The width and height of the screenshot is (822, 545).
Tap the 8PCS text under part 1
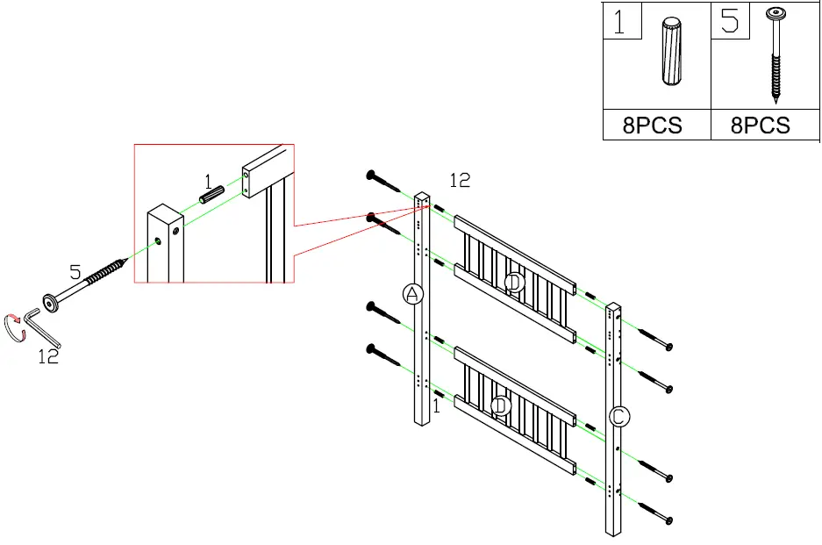pos(652,125)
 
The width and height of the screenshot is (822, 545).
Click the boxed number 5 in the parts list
pos(730,21)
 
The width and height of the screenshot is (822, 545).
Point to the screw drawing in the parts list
pos(776,52)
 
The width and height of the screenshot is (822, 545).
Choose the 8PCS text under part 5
pos(761,125)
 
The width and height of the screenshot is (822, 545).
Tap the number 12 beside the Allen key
pos(48,356)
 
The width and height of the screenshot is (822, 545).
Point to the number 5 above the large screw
pos(75,274)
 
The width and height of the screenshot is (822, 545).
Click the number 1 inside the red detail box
pos(208,182)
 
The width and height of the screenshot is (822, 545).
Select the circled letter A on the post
pos(412,294)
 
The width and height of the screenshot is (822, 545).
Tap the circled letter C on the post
pos(618,418)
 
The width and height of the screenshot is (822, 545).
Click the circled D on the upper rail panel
pos(515,282)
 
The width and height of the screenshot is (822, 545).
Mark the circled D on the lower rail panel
pos(500,406)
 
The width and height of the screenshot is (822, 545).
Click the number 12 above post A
pos(460,180)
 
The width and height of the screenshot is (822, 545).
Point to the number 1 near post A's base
pos(437,406)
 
